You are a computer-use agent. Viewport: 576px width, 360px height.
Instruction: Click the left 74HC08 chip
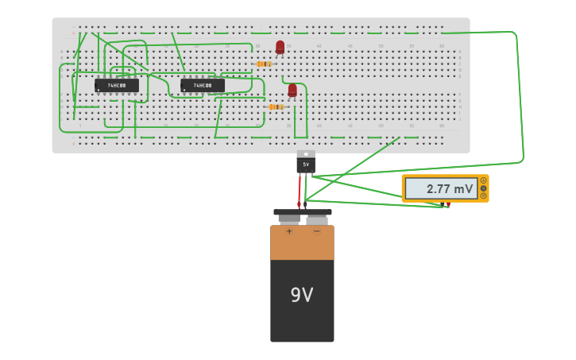click(117, 85)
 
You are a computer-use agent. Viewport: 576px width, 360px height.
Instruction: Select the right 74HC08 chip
click(203, 85)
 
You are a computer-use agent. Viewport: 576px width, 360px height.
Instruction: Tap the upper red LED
click(280, 47)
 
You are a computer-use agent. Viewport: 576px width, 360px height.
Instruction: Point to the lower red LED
click(292, 90)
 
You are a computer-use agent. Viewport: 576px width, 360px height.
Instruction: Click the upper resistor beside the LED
click(264, 64)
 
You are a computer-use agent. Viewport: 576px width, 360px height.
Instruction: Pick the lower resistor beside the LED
click(276, 106)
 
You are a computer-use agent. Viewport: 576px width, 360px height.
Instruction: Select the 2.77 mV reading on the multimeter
click(450, 189)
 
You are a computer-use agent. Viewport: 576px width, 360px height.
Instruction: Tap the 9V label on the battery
click(302, 296)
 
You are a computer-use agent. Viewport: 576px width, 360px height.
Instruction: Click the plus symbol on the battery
click(289, 231)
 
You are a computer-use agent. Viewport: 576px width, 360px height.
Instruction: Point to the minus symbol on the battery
click(316, 231)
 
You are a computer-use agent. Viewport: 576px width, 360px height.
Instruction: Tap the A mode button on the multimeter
click(483, 180)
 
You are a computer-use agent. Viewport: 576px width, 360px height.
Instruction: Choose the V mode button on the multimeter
click(483, 188)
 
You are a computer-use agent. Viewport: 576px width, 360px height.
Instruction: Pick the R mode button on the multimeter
click(483, 195)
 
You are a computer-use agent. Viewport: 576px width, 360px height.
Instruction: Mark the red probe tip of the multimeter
click(448, 205)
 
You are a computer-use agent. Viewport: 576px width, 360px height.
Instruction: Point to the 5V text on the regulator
click(306, 165)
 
